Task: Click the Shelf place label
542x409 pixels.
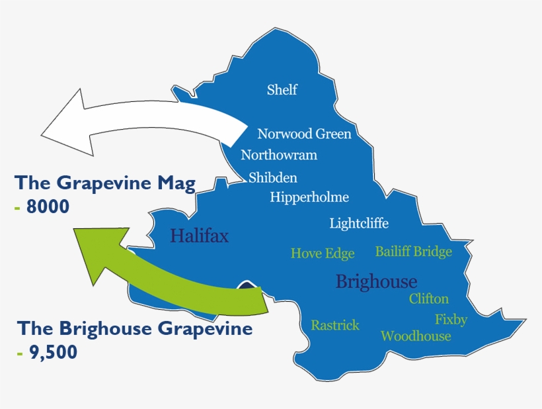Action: (282, 90)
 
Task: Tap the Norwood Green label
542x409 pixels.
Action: (304, 134)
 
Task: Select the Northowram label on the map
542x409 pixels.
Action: (279, 156)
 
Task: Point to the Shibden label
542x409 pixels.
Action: (273, 177)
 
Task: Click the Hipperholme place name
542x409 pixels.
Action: (309, 197)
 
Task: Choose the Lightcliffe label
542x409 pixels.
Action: (359, 224)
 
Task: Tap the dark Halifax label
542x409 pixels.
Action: (200, 236)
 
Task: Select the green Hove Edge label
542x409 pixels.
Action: (323, 253)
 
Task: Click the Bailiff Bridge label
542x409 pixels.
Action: (414, 251)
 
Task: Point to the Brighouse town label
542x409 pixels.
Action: (376, 281)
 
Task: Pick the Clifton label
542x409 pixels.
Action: (429, 298)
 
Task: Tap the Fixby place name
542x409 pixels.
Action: (451, 320)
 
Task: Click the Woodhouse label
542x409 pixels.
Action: (416, 336)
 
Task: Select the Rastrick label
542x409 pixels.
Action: (335, 325)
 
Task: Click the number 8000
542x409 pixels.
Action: (48, 207)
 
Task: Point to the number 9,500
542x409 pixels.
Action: (52, 353)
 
